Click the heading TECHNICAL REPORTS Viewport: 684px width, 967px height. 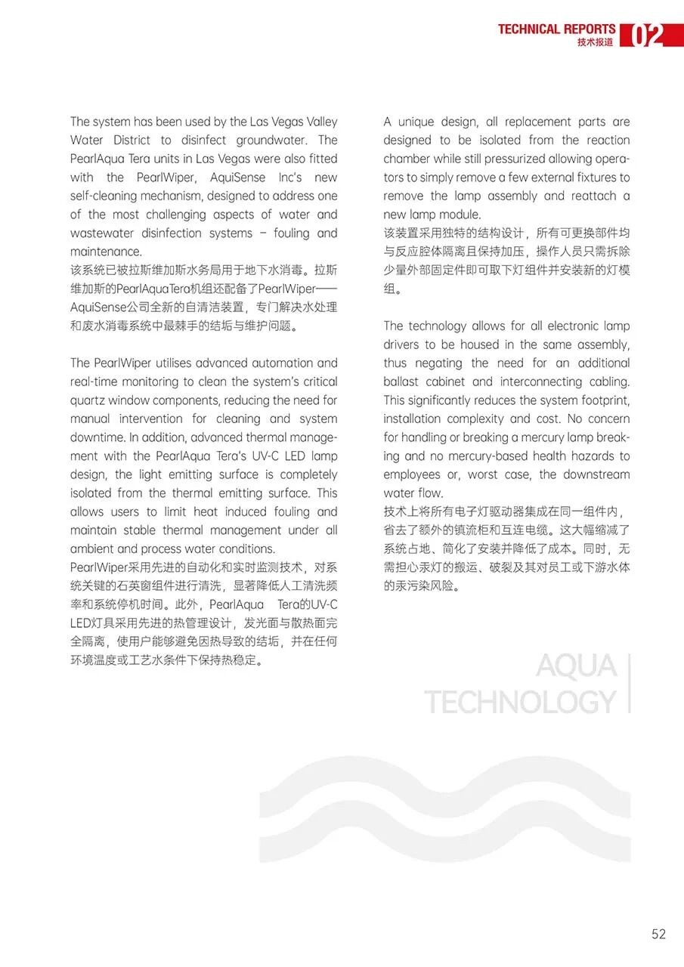click(556, 29)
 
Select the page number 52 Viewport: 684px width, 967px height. click(658, 935)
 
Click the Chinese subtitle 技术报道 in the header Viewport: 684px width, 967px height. click(596, 43)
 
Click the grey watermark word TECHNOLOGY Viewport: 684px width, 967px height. click(521, 702)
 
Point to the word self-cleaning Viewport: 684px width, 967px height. click(107, 196)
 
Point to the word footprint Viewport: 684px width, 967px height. click(602, 400)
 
